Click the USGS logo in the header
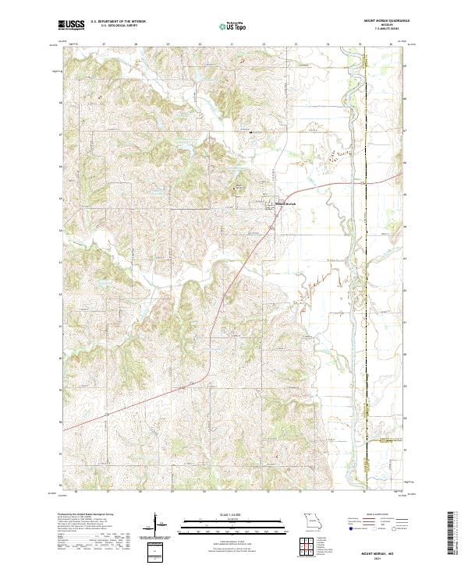[x=71, y=26]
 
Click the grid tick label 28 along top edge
[x=136, y=44]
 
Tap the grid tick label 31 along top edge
[x=232, y=44]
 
